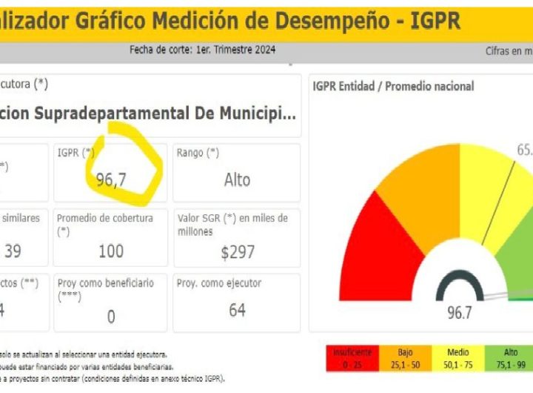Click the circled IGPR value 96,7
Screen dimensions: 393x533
(111, 179)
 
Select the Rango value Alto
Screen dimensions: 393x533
(237, 179)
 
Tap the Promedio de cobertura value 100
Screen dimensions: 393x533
(111, 251)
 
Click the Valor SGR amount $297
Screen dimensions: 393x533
(236, 252)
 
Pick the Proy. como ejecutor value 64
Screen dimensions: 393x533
(237, 310)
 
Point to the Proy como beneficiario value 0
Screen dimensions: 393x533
(111, 317)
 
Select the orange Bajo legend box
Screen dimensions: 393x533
(406, 357)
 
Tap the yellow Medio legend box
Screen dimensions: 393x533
(458, 357)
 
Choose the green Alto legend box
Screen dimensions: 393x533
(511, 357)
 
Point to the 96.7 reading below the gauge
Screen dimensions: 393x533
(459, 312)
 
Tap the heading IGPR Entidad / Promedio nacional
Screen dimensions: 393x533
(393, 87)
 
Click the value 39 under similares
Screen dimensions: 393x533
(13, 251)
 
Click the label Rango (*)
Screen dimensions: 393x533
(198, 153)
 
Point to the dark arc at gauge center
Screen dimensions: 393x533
(459, 285)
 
